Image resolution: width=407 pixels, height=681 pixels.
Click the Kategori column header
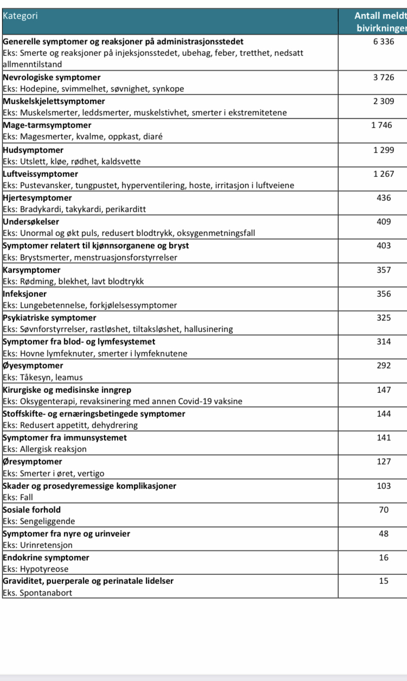pos(20,16)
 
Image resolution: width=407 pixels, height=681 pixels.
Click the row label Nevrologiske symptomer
pos(52,78)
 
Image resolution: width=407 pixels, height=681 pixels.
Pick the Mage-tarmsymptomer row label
pos(47,125)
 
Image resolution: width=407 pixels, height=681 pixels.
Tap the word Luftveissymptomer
pos(40,174)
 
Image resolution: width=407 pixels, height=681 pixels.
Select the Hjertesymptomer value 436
pos(384,198)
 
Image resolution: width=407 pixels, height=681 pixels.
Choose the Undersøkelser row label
pos(31,222)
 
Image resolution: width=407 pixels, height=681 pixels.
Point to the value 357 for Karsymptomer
pos(384,270)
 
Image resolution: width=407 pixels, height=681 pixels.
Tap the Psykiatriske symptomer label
pos(49,318)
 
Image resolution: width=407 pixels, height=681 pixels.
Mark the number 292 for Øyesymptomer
pos(384,366)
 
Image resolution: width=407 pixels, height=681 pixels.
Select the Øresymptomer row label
pos(33,462)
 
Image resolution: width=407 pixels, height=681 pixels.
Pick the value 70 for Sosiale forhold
pos(384,510)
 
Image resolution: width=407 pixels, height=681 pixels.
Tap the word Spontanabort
pos(46,593)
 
